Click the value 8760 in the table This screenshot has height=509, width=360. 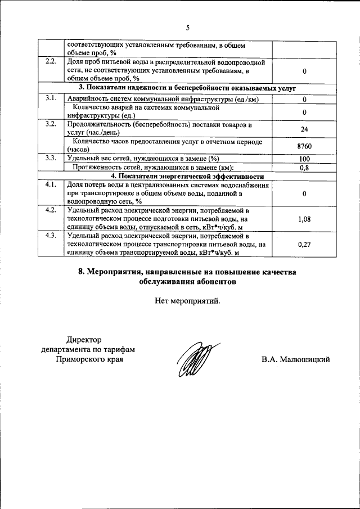304,146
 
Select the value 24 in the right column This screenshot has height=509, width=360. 304,129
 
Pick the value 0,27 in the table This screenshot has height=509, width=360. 304,245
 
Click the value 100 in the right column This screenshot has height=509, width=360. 304,159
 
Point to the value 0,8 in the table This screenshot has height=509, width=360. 304,167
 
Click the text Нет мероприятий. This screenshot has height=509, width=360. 188,300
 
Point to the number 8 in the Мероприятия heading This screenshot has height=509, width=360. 81,272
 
